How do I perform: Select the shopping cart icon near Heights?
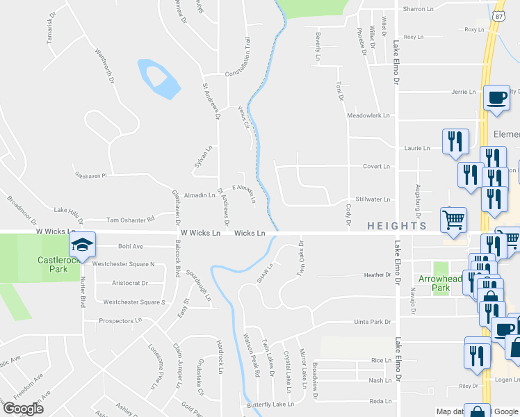tap(454, 220)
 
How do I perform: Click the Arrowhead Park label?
tap(436, 283)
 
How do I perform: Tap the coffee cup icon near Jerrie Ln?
tap(496, 98)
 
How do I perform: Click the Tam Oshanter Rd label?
tap(130, 219)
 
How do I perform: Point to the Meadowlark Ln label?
tap(369, 115)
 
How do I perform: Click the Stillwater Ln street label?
tap(373, 199)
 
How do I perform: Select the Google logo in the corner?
tap(23, 409)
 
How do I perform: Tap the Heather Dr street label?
tap(377, 275)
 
